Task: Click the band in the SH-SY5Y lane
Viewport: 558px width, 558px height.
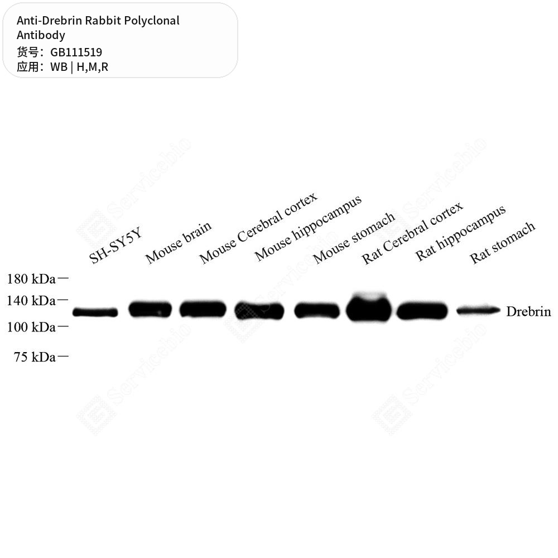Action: click(x=95, y=312)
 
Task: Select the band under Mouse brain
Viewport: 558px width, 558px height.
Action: click(x=150, y=309)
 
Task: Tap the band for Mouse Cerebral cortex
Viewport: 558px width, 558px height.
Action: click(x=203, y=309)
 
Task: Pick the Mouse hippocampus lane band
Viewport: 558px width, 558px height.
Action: click(x=259, y=311)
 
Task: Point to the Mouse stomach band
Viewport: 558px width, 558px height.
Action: click(x=317, y=310)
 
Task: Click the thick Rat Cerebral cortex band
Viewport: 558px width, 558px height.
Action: click(x=369, y=307)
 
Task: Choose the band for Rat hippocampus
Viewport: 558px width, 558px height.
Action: click(x=422, y=311)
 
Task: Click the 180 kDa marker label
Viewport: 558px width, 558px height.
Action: click(x=31, y=279)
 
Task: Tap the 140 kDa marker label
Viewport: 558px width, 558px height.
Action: click(x=31, y=301)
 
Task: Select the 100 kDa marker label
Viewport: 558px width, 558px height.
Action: click(x=31, y=327)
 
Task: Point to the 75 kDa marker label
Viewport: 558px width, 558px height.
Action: click(x=35, y=357)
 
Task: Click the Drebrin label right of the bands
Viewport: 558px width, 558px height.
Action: click(x=528, y=311)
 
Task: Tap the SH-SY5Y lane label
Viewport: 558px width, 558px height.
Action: click(x=116, y=245)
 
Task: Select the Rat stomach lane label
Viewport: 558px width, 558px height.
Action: click(x=503, y=243)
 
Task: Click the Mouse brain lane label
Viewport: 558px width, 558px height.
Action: click(x=179, y=243)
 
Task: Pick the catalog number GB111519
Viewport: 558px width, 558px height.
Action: click(x=76, y=52)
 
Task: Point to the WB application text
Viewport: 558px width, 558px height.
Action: click(x=59, y=67)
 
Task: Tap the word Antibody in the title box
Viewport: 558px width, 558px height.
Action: click(x=41, y=35)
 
